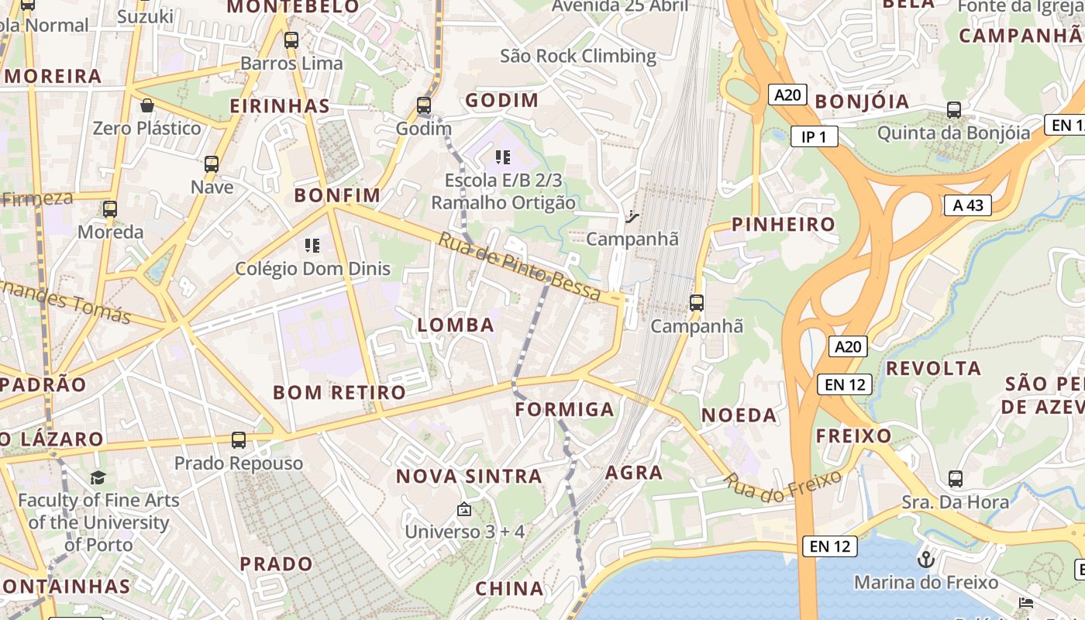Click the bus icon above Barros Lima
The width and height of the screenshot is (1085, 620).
pos(291,40)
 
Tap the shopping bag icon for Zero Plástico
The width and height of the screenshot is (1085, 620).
pos(147,105)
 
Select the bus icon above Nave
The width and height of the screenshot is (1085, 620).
pos(212,164)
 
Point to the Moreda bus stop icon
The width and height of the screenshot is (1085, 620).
pos(110,209)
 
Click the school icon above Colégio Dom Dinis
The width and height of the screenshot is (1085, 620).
pos(312,246)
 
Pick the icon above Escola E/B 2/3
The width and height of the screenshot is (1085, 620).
pos(503,158)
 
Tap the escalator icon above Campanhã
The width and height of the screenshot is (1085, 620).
pos(632,216)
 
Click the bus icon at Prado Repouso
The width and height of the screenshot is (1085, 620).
pos(239,440)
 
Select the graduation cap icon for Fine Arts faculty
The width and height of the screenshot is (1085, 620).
pos(98,477)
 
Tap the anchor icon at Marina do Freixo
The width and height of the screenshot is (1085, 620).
pos(925,559)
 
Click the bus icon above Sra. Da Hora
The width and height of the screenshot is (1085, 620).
pos(956,479)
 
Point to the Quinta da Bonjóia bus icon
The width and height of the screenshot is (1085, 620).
pos(954,110)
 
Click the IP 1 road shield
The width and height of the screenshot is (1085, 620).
pos(815,137)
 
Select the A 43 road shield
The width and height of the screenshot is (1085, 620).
pos(968,205)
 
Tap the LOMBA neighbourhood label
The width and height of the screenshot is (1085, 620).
pos(456,325)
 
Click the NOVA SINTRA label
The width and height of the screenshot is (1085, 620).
pos(469,476)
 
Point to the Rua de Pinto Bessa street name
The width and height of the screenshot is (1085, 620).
pos(519,266)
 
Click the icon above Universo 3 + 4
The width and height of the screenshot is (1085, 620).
pos(464,509)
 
